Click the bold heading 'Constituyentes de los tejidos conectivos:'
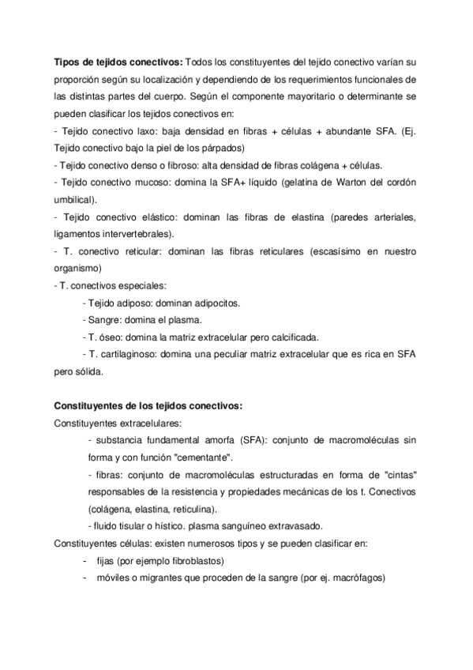(x=148, y=406)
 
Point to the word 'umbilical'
(x=73, y=199)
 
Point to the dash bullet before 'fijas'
(x=84, y=561)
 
